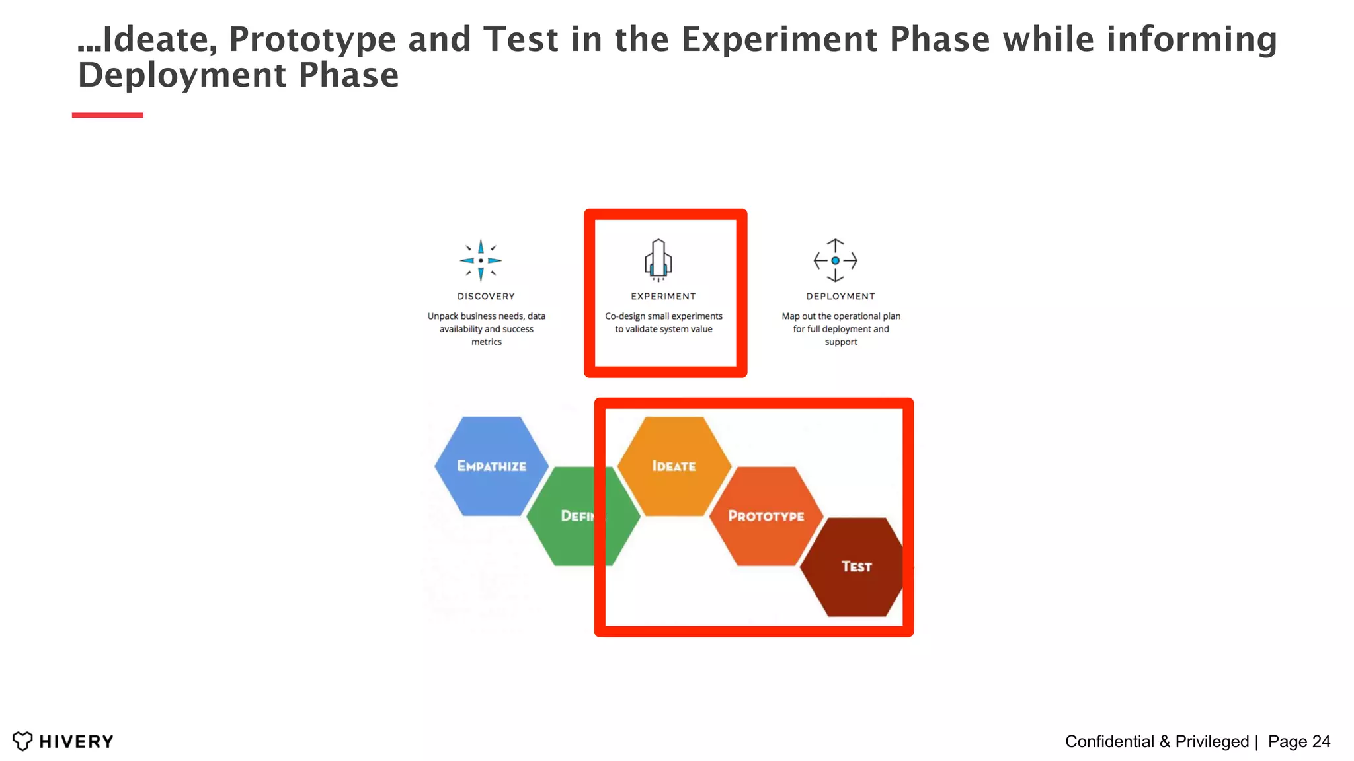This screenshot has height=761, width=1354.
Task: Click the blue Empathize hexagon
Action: pos(491,466)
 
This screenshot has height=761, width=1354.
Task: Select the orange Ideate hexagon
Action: pos(674,466)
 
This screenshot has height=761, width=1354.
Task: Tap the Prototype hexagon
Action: pos(766,516)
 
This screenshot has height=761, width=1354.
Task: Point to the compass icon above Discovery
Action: pos(481,260)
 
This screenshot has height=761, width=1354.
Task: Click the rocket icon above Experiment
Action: pos(658,260)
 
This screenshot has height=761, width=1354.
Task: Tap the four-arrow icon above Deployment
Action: pos(835,260)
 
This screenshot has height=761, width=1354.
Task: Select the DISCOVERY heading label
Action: pos(486,297)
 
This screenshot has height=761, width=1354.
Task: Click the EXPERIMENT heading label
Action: pos(663,297)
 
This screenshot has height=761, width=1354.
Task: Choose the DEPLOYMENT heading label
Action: pos(840,297)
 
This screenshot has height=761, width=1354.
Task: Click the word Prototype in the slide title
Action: pos(312,40)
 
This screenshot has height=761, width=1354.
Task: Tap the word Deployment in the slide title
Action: pos(182,75)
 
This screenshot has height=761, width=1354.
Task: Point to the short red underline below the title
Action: pos(107,115)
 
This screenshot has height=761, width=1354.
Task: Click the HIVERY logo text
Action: pos(76,741)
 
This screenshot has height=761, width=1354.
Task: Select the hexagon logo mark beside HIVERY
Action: pos(22,741)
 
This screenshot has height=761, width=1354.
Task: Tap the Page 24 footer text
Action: pos(1298,741)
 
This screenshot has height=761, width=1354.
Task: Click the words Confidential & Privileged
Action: pos(1156,741)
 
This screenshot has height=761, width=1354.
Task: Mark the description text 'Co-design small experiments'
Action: pos(663,316)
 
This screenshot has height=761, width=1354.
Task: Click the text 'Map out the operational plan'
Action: pos(840,316)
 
